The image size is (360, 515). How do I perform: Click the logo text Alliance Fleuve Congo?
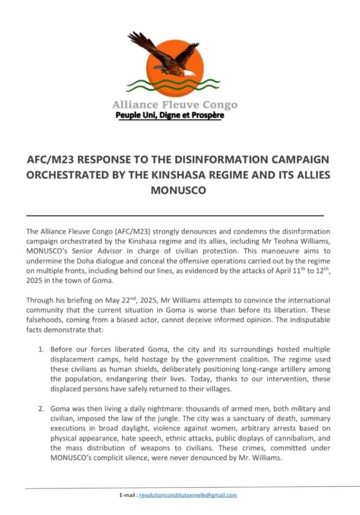coord(174,105)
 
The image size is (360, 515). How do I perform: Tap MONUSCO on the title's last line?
coord(179,191)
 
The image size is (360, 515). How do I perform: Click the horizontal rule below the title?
coord(174,215)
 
